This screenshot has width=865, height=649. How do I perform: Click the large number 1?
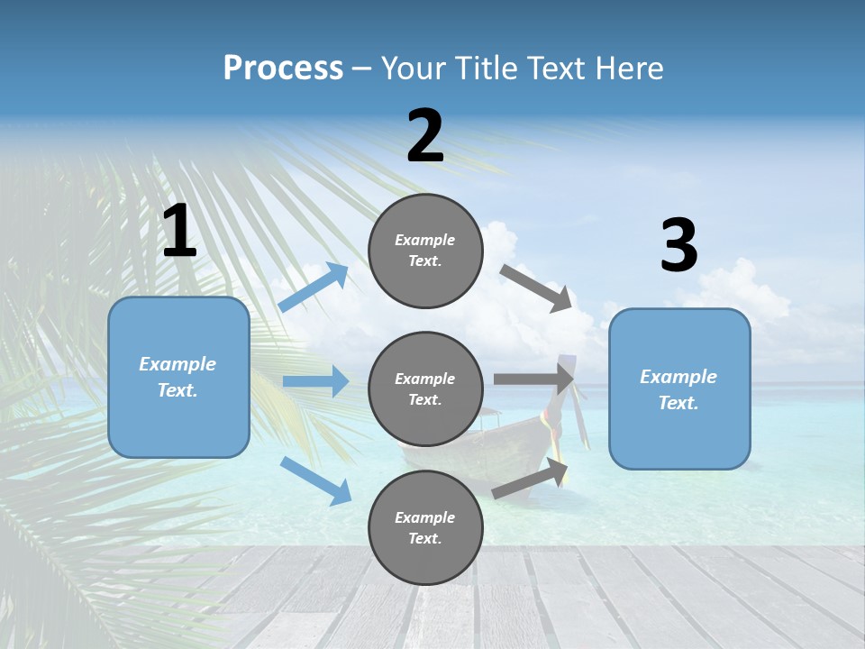tap(179, 232)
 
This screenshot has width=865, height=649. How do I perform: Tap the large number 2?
tap(425, 136)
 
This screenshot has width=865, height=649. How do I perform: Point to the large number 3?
tap(678, 246)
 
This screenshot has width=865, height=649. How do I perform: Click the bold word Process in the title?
tap(283, 68)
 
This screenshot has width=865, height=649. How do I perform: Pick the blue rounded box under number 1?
tap(178, 377)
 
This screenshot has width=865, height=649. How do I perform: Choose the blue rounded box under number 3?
tap(679, 389)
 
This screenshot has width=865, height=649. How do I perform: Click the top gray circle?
tap(425, 251)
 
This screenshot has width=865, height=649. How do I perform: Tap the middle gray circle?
tap(425, 389)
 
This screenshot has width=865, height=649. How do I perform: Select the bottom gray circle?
tap(425, 528)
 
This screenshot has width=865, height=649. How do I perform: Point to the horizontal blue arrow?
tap(315, 381)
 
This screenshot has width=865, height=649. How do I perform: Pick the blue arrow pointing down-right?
tap(316, 480)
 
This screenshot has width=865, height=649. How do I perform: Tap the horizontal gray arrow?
tap(533, 379)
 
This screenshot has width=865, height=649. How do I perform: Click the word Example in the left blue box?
tap(178, 364)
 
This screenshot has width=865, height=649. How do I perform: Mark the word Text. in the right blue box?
tap(678, 403)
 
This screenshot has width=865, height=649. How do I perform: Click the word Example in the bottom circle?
tap(425, 517)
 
